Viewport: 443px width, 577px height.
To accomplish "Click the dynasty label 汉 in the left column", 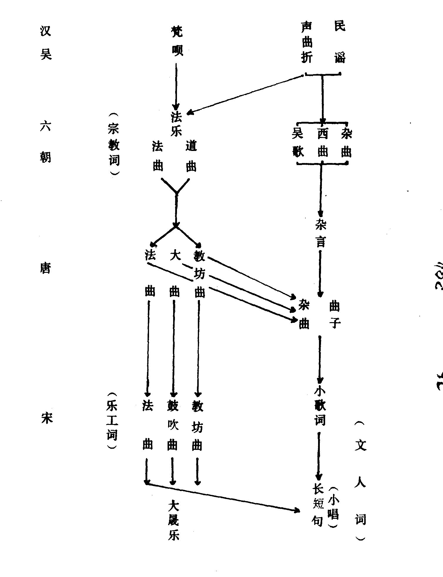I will point(46,31).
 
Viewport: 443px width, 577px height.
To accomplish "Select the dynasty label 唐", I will point(45,268).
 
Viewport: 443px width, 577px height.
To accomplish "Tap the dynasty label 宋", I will point(46,417).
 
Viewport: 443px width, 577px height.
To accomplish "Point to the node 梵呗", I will point(177,41).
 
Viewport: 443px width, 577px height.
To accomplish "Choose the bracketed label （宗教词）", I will point(114,144).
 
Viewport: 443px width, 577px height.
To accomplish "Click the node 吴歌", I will point(298,143).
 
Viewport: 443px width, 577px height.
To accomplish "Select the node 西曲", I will point(322,143).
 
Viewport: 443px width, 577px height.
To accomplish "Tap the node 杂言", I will point(320,234).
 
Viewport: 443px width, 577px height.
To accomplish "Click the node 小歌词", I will point(320,406).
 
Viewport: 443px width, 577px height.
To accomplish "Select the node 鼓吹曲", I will point(173,425).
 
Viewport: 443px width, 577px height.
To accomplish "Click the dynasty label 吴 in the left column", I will point(46,54).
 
